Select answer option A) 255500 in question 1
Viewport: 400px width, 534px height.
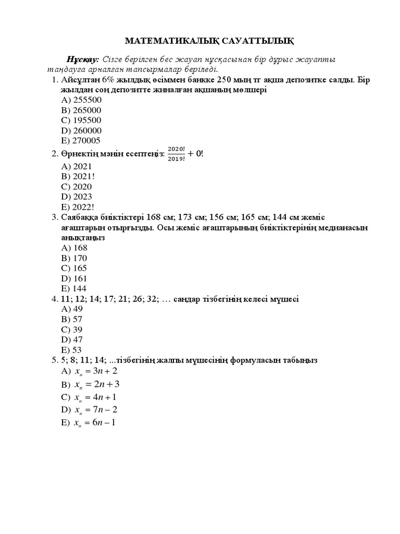pyautogui.click(x=81, y=100)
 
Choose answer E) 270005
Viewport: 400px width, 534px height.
pyautogui.click(x=81, y=141)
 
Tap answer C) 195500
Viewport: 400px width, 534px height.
pyautogui.click(x=81, y=120)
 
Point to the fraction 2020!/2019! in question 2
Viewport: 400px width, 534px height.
pyautogui.click(x=176, y=154)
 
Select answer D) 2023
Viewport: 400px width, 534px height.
pyautogui.click(x=77, y=197)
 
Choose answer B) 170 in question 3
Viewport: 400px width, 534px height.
pyautogui.click(x=74, y=258)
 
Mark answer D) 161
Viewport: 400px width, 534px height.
pyautogui.click(x=74, y=278)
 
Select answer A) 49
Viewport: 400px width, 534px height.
pyautogui.click(x=72, y=309)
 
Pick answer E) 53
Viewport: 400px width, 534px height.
pyautogui.click(x=72, y=350)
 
